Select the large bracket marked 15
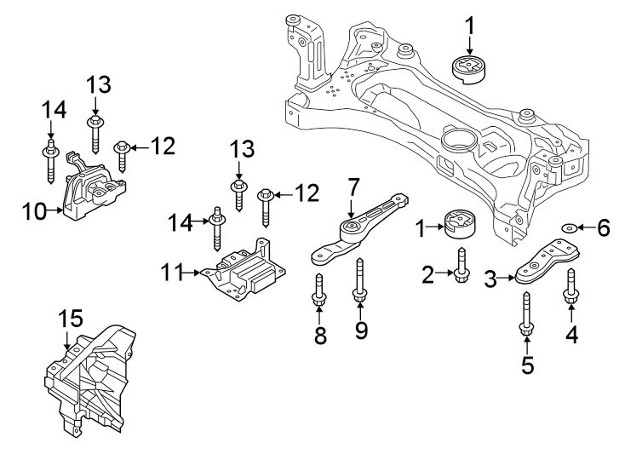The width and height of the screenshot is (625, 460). [x=94, y=375]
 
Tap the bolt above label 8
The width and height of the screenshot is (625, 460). [x=320, y=290]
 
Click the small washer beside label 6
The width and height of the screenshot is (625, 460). [x=569, y=227]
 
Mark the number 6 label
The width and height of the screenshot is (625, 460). [x=602, y=227]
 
